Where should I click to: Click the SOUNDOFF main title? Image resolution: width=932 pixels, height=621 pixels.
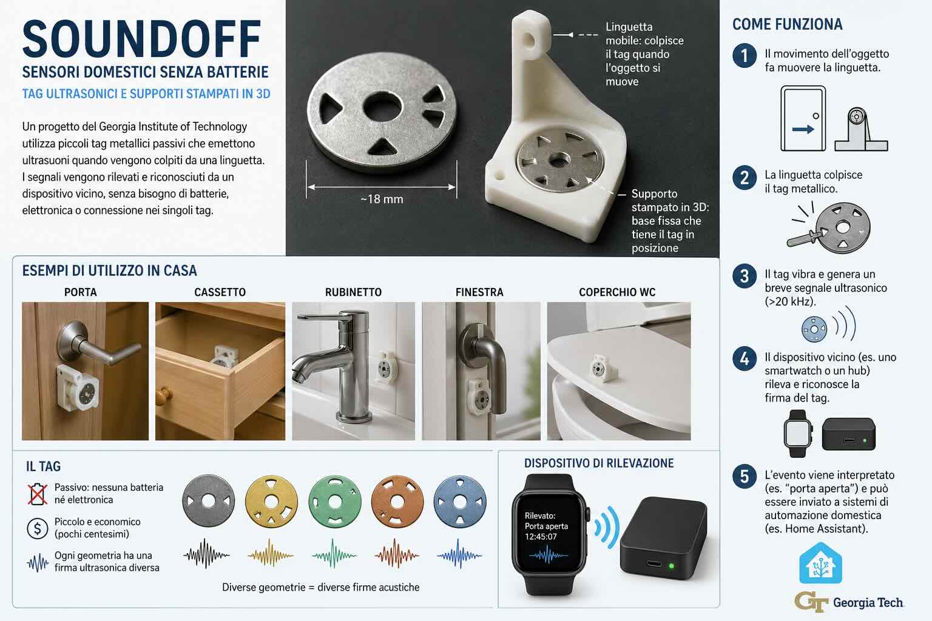pyautogui.click(x=141, y=39)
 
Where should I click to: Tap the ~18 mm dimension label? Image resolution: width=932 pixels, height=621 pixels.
pyautogui.click(x=382, y=200)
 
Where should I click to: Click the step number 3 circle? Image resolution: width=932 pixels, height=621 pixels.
pyautogui.click(x=745, y=276)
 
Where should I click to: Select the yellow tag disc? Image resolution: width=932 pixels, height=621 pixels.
pyautogui.click(x=271, y=502)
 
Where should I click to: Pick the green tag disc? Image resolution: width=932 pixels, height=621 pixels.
pyautogui.click(x=334, y=502)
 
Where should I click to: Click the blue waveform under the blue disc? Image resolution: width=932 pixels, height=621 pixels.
pyautogui.click(x=459, y=554)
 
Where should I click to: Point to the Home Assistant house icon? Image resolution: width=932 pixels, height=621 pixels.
pyautogui.click(x=820, y=563)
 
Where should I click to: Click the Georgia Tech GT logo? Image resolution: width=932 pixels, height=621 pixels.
pyautogui.click(x=811, y=602)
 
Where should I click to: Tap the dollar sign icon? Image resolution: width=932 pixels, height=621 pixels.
pyautogui.click(x=38, y=528)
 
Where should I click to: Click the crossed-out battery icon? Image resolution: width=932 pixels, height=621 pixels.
pyautogui.click(x=38, y=494)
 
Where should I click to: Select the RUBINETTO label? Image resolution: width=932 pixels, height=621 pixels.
pyautogui.click(x=353, y=292)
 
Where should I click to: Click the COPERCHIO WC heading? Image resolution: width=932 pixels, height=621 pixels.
pyautogui.click(x=617, y=292)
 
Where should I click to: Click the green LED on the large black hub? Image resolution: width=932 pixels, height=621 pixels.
pyautogui.click(x=671, y=566)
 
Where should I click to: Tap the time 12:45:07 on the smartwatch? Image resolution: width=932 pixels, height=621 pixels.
pyautogui.click(x=541, y=537)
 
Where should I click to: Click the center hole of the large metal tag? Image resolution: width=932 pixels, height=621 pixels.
pyautogui.click(x=382, y=107)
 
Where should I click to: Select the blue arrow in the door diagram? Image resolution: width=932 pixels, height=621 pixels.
pyautogui.click(x=803, y=129)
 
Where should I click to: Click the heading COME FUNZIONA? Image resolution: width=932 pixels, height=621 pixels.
pyautogui.click(x=787, y=24)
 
